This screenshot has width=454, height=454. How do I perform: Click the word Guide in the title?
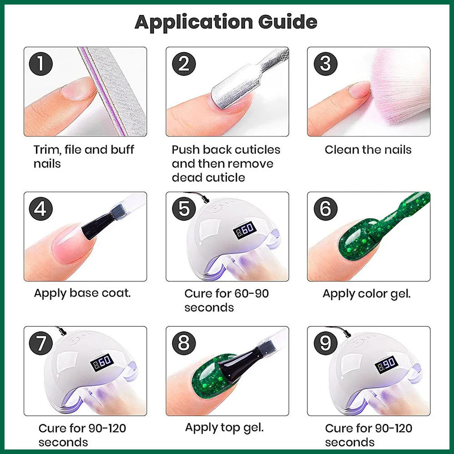[x=285, y=22]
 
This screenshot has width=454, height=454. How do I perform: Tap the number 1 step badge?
[x=41, y=64]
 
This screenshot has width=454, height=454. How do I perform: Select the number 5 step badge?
[x=184, y=209]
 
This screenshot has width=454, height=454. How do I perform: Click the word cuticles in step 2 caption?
[x=254, y=150]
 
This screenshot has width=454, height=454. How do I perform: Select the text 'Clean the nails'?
[x=368, y=150]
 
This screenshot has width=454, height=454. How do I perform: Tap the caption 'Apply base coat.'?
[x=82, y=293]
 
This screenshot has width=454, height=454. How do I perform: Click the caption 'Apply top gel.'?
[x=224, y=427]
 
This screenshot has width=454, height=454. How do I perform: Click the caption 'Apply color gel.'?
[x=366, y=294]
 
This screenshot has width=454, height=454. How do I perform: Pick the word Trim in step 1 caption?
[x=47, y=150]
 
